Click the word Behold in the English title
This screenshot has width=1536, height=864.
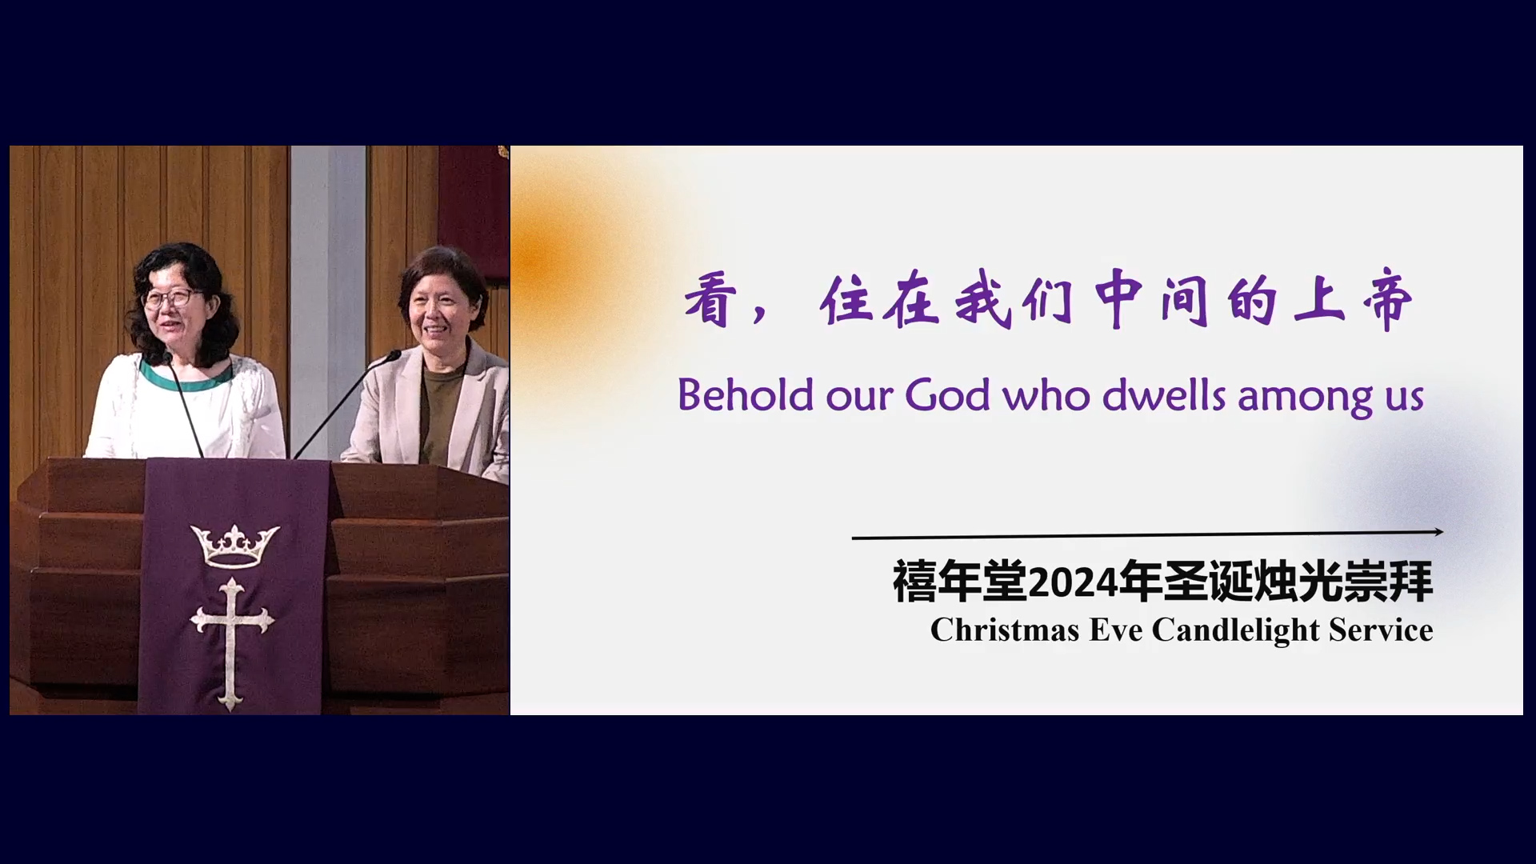pyautogui.click(x=746, y=394)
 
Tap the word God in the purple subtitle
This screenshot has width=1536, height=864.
pyautogui.click(x=947, y=394)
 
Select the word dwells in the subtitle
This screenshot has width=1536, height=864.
pyautogui.click(x=1164, y=394)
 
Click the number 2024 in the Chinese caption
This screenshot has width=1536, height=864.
pyautogui.click(x=1072, y=582)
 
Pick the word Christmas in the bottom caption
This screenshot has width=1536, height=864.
pyautogui.click(x=1005, y=630)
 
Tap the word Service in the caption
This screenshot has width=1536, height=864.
pyautogui.click(x=1381, y=630)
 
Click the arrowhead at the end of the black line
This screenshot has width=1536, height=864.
pyautogui.click(x=1438, y=531)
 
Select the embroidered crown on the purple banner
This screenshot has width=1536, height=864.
pyautogui.click(x=234, y=546)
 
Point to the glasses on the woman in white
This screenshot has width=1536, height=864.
pyautogui.click(x=170, y=298)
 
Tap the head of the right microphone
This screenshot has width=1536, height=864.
pyautogui.click(x=393, y=355)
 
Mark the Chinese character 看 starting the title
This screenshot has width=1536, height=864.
pyautogui.click(x=710, y=300)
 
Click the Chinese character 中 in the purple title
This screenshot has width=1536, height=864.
pyautogui.click(x=1118, y=300)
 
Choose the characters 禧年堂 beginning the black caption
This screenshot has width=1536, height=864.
pyautogui.click(x=959, y=582)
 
